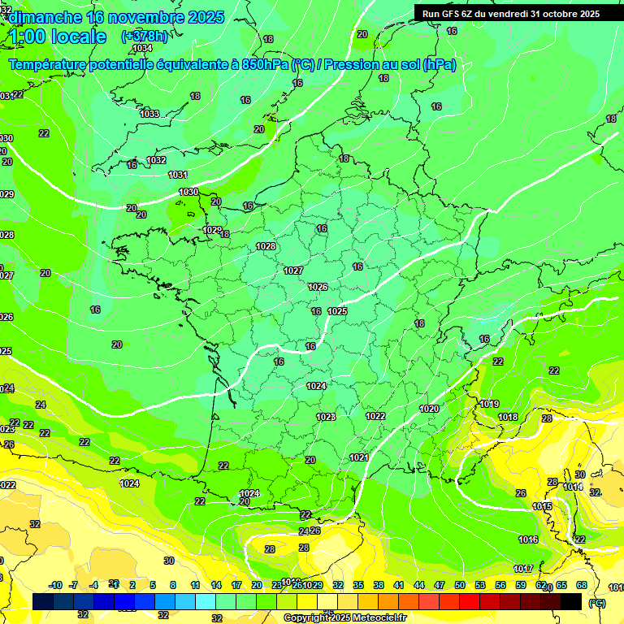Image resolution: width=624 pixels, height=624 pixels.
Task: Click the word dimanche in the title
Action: point(41,17)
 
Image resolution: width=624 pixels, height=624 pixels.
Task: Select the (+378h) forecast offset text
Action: point(145,37)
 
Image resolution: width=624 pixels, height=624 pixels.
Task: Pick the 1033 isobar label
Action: point(149,114)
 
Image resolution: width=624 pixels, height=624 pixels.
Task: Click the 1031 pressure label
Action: point(178,175)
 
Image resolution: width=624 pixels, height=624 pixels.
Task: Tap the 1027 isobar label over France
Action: point(293,271)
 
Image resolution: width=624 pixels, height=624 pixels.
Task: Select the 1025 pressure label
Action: point(338,311)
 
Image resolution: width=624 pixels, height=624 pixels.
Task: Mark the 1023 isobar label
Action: point(326,417)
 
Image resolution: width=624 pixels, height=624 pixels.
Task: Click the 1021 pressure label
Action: point(359,457)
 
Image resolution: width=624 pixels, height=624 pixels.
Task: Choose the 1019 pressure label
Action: point(489,404)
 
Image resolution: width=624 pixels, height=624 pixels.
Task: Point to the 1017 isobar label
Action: point(523,568)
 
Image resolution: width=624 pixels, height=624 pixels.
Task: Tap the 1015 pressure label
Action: point(542,506)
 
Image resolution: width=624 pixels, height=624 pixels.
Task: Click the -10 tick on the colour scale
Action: point(56,585)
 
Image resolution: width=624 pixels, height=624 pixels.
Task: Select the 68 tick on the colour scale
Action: point(582,585)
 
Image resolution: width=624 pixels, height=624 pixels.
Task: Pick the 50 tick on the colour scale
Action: point(460,585)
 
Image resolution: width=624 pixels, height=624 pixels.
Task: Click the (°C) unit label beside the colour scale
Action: point(596,602)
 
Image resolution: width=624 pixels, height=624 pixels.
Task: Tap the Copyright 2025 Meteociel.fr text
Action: point(344,617)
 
